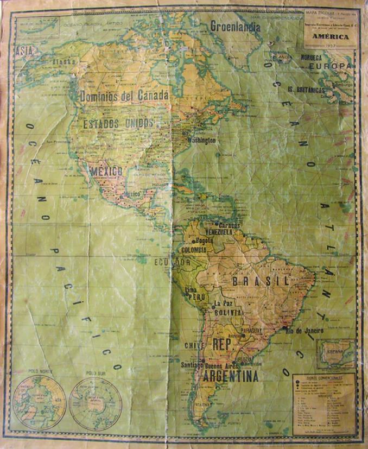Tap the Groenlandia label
tap(235, 25)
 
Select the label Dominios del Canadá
tap(124, 96)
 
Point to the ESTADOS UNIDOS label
tap(118, 124)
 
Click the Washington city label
tap(201, 141)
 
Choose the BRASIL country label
tap(261, 281)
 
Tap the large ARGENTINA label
tap(231, 376)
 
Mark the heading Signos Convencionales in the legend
tap(323, 378)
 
